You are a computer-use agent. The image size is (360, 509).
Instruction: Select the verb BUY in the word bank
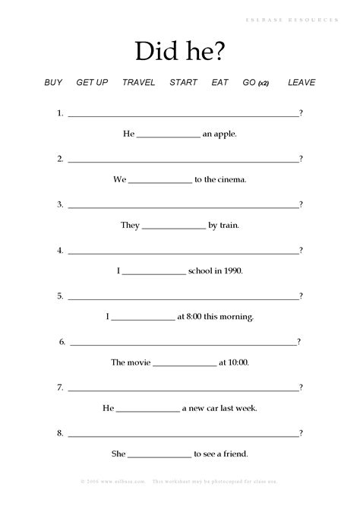click(x=53, y=82)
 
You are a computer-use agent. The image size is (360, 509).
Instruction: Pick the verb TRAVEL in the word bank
click(x=138, y=82)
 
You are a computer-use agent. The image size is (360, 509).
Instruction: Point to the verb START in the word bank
click(x=183, y=82)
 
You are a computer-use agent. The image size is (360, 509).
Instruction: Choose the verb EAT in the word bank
click(x=219, y=82)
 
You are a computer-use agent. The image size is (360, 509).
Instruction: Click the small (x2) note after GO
click(x=264, y=83)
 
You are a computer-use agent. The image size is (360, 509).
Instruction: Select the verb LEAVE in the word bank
click(x=302, y=82)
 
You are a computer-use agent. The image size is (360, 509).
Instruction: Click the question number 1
click(x=59, y=113)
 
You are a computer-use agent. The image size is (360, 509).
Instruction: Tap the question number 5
click(x=59, y=296)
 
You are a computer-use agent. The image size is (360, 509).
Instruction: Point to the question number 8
click(x=59, y=433)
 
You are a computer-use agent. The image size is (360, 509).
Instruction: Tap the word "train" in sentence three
click(x=229, y=226)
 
